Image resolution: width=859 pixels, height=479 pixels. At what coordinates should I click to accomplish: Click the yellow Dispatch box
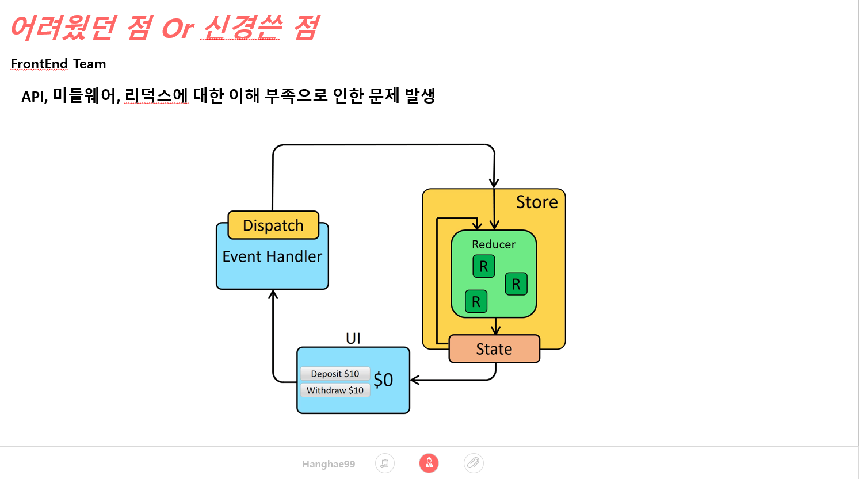coord(273,225)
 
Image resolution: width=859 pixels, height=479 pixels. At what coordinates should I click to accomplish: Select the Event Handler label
coord(272,256)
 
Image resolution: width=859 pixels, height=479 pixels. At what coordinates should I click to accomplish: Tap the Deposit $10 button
coord(335,374)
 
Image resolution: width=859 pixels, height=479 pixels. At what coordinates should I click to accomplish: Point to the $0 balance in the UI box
coord(383,380)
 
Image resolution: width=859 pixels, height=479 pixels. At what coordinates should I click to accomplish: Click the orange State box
coord(494,349)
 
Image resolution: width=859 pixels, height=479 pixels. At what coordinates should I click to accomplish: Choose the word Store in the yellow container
coord(537,202)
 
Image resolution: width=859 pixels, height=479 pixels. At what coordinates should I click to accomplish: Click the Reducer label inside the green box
coord(494,244)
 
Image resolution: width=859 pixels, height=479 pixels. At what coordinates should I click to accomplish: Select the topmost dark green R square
coord(483,266)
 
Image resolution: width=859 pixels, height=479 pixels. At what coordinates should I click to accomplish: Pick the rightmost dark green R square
coord(516,284)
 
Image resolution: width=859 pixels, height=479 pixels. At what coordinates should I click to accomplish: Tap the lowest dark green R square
coord(476,301)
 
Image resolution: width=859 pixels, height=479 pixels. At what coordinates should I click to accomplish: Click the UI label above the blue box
coord(353,338)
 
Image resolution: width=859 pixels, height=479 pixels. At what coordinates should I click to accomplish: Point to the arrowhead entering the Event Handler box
coord(273,294)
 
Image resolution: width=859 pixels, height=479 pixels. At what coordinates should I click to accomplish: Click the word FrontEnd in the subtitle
coord(39,64)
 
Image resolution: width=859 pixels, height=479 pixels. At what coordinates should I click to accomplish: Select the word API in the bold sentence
coord(34,97)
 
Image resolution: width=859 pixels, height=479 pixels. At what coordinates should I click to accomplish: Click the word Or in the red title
coord(178,28)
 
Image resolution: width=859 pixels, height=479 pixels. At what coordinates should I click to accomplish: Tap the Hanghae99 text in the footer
coord(329,464)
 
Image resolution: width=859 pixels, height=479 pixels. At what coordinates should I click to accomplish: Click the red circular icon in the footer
coord(429,463)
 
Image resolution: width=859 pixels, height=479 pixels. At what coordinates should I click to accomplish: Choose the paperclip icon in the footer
coord(474,463)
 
